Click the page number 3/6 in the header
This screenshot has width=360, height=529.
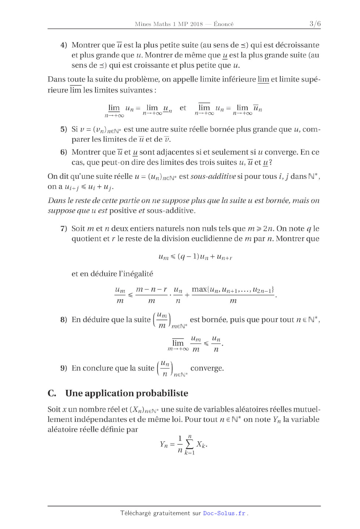click(x=315, y=24)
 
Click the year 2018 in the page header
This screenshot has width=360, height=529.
click(x=196, y=24)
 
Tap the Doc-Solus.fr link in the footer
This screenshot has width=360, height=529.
click(x=224, y=513)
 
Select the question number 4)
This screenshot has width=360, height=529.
click(x=64, y=45)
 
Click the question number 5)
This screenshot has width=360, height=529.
click(x=64, y=129)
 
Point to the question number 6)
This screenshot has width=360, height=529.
click(x=64, y=152)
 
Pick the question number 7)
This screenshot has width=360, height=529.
click(x=64, y=229)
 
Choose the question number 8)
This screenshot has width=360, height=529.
click(x=64, y=320)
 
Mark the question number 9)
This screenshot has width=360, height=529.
click(x=64, y=368)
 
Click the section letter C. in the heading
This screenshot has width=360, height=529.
click(x=52, y=394)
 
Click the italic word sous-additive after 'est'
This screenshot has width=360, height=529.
click(x=213, y=177)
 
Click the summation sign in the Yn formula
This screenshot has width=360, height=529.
click(x=190, y=444)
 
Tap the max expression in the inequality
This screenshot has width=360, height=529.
click(x=233, y=290)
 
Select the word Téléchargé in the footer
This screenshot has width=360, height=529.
click(x=135, y=513)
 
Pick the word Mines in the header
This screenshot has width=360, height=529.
click(x=143, y=24)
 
